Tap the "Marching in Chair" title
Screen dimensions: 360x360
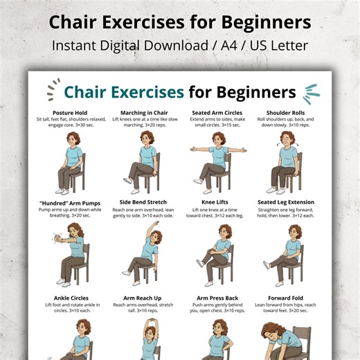coord(144,112)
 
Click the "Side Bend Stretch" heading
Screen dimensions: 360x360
coord(144,202)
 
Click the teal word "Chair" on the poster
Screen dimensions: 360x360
coord(89,92)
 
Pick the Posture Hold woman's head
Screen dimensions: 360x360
coord(73,138)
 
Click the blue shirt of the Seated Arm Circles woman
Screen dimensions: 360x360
coord(218,156)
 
